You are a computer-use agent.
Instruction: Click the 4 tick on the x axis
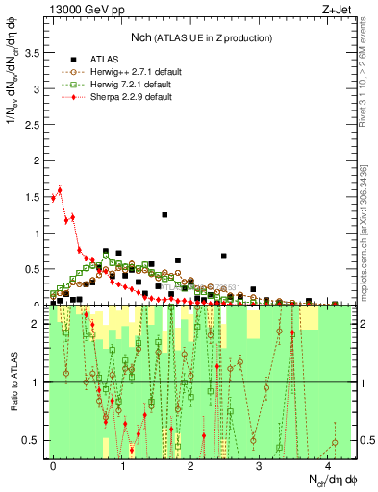pyautogui.click(x=329, y=465)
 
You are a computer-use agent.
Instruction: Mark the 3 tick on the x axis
pyautogui.click(x=260, y=465)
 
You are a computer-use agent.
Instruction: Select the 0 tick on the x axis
pyautogui.click(x=53, y=465)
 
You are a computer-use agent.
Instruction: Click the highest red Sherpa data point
pyautogui.click(x=60, y=189)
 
